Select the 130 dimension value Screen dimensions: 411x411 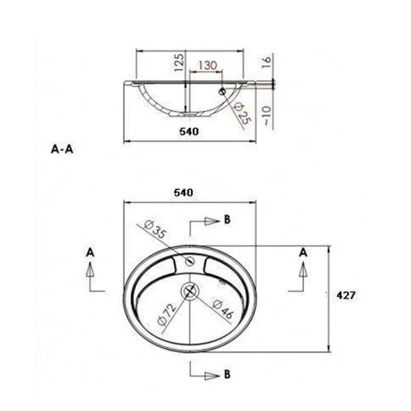(x=207, y=65)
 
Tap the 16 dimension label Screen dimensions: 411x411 (x=268, y=61)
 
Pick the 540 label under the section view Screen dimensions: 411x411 (x=189, y=132)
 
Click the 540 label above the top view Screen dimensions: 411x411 (x=183, y=193)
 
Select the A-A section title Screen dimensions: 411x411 (x=62, y=149)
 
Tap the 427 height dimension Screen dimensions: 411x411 (x=346, y=295)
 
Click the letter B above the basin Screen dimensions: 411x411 (x=227, y=220)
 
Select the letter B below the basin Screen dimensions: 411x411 (x=227, y=374)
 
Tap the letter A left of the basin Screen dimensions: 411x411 (x=90, y=252)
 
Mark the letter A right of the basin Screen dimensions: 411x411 (x=303, y=252)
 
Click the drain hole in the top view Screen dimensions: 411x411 (x=190, y=290)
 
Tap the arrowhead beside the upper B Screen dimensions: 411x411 (x=211, y=221)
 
